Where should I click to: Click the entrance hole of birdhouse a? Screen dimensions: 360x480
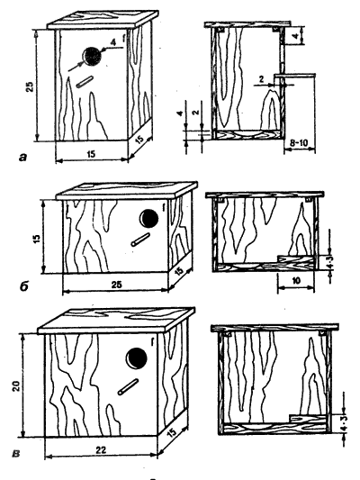click(x=92, y=57)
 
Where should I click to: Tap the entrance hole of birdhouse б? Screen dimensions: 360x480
click(x=149, y=218)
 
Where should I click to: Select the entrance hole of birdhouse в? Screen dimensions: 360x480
click(x=137, y=358)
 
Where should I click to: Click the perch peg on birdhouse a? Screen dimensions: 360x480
click(x=85, y=82)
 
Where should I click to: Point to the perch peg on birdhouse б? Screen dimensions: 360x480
click(x=140, y=240)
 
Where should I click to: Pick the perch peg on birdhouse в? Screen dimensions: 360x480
click(x=129, y=387)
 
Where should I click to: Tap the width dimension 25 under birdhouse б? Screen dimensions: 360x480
click(x=116, y=285)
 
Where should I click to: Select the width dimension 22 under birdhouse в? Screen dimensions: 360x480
click(x=101, y=450)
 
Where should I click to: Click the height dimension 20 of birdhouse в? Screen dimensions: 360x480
click(x=16, y=385)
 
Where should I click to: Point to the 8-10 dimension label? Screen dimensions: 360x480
click(x=299, y=143)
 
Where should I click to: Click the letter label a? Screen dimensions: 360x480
click(x=22, y=158)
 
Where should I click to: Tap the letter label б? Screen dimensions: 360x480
click(x=23, y=287)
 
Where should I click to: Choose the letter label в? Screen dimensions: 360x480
click(x=16, y=453)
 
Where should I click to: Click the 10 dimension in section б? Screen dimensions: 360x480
click(x=296, y=281)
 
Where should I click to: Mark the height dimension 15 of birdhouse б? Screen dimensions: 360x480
click(x=37, y=237)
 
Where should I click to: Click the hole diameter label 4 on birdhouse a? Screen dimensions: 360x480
click(x=113, y=43)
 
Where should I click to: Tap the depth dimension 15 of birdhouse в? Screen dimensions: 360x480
click(x=172, y=432)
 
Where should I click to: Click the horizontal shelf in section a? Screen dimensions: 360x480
click(x=295, y=75)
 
